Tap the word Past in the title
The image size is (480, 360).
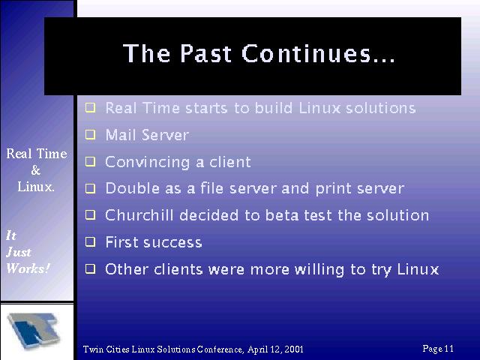(205, 53)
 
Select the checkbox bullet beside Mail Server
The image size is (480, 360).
(90, 135)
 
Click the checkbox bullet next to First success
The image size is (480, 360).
(90, 241)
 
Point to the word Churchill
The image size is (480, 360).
(139, 215)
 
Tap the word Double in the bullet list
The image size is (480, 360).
(133, 188)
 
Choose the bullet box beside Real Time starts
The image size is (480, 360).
(90, 108)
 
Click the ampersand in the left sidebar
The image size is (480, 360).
(36, 170)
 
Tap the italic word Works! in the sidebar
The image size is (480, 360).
(28, 268)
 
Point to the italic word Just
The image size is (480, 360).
(19, 252)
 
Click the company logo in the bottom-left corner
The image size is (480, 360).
(34, 331)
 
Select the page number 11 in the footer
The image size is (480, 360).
(448, 348)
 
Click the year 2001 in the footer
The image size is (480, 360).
(294, 349)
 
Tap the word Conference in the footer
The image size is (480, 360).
(220, 349)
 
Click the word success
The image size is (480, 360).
(172, 242)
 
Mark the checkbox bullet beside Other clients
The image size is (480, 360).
(90, 268)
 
